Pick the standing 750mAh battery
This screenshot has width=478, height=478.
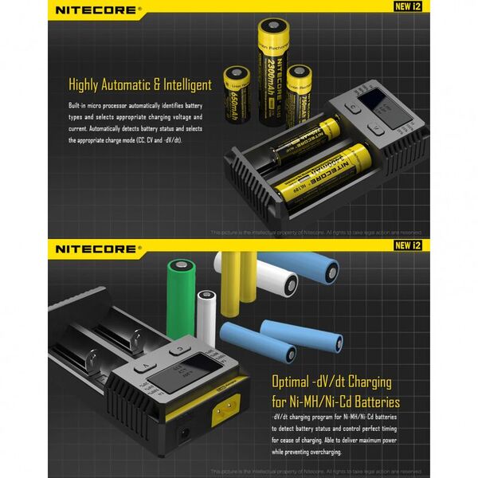[x=301, y=94]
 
